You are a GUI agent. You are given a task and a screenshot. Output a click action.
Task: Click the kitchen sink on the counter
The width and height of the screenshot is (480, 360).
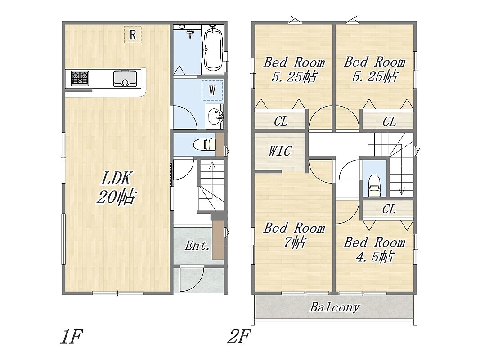(x=125, y=79)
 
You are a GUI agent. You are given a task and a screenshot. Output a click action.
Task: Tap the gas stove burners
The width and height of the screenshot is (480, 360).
(x=80, y=78)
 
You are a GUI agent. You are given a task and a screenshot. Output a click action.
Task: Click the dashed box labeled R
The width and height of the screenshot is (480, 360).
(x=133, y=35)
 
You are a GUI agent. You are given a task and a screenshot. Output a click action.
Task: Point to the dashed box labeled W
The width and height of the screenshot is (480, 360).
(x=212, y=90)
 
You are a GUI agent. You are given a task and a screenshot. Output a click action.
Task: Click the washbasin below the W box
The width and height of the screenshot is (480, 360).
(x=215, y=117)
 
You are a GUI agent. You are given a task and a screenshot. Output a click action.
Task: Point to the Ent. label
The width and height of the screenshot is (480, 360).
(x=197, y=246)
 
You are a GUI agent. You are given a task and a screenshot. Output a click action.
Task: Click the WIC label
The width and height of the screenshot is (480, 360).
(x=280, y=151)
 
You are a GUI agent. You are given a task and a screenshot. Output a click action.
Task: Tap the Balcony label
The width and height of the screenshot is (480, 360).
(x=335, y=307)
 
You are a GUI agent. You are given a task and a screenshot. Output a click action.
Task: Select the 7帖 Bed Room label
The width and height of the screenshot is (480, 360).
(x=294, y=235)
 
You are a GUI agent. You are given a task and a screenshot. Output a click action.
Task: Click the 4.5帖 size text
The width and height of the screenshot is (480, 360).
(x=374, y=256)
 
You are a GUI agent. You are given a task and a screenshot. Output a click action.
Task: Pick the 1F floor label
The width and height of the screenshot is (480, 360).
(x=72, y=337)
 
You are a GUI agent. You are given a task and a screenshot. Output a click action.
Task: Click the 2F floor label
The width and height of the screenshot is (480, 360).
(x=239, y=336)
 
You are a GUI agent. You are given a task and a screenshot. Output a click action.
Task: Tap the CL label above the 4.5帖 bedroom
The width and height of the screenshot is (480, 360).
(x=389, y=210)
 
